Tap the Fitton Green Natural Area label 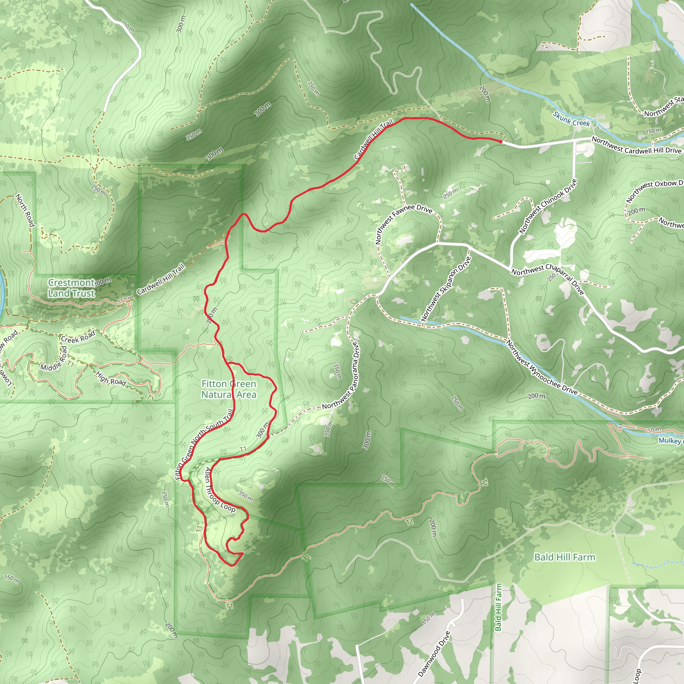click(x=229, y=389)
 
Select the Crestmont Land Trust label click(x=71, y=288)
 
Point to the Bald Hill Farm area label click(x=565, y=557)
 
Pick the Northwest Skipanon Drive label click(x=446, y=289)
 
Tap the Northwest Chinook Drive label click(x=547, y=206)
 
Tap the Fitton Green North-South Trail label click(x=204, y=445)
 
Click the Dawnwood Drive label click(x=435, y=654)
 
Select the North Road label click(x=25, y=210)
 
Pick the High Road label click(x=111, y=378)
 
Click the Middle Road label click(x=53, y=358)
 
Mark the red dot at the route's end click(x=500, y=142)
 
